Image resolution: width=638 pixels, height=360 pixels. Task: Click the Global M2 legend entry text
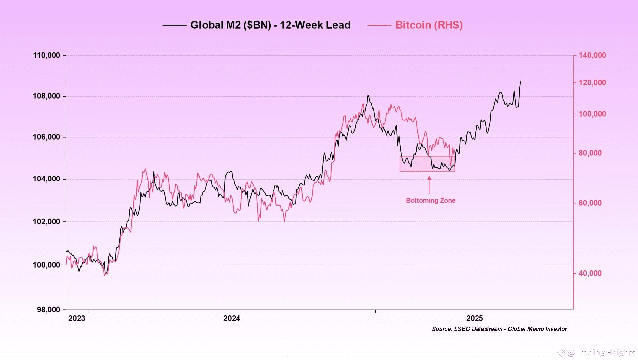pos(270,25)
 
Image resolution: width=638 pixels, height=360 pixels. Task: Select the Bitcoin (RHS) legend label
pos(428,25)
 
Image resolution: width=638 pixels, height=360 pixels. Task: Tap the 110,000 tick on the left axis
pos(46,55)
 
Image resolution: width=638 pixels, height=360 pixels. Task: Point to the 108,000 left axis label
pos(46,96)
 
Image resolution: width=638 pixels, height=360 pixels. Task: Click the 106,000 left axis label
pos(46,137)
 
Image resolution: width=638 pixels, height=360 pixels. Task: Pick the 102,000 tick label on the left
pos(46,221)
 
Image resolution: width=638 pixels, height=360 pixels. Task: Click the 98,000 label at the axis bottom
pos(48,309)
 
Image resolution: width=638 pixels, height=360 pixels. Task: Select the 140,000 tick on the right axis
pos(592,55)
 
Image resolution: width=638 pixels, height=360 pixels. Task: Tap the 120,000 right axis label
pos(592,82)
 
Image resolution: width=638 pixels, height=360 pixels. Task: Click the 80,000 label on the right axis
pos(590,153)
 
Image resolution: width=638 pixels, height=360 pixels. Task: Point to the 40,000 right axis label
pos(590,273)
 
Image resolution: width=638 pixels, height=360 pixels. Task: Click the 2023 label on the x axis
pos(77,318)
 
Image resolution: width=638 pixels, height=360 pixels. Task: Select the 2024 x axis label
pos(232,318)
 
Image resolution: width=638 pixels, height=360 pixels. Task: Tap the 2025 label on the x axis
pos(475,318)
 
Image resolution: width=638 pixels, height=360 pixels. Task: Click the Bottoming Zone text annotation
pos(430,200)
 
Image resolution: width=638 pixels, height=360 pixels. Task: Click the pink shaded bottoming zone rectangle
pos(427,164)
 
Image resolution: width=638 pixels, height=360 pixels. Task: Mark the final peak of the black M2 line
pos(520,81)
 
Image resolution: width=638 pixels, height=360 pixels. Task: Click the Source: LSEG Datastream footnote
pos(499,329)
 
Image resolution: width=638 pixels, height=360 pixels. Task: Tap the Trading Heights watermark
pos(600,352)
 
